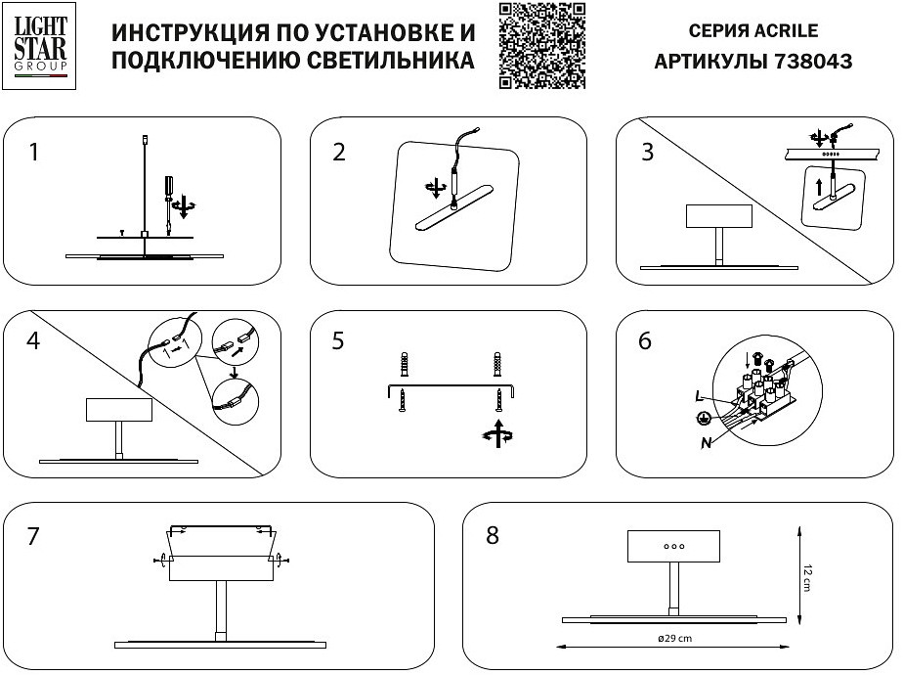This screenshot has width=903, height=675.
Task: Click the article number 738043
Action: click(x=813, y=61)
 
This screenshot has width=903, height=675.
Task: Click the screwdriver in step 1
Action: click(x=168, y=192)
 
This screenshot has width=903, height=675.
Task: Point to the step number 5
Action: click(x=338, y=341)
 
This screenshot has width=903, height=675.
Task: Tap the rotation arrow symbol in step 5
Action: click(x=497, y=434)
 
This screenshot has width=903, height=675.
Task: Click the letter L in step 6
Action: click(x=699, y=396)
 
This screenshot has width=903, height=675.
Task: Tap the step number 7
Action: click(x=34, y=536)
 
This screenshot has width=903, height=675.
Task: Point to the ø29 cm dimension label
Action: click(x=672, y=640)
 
